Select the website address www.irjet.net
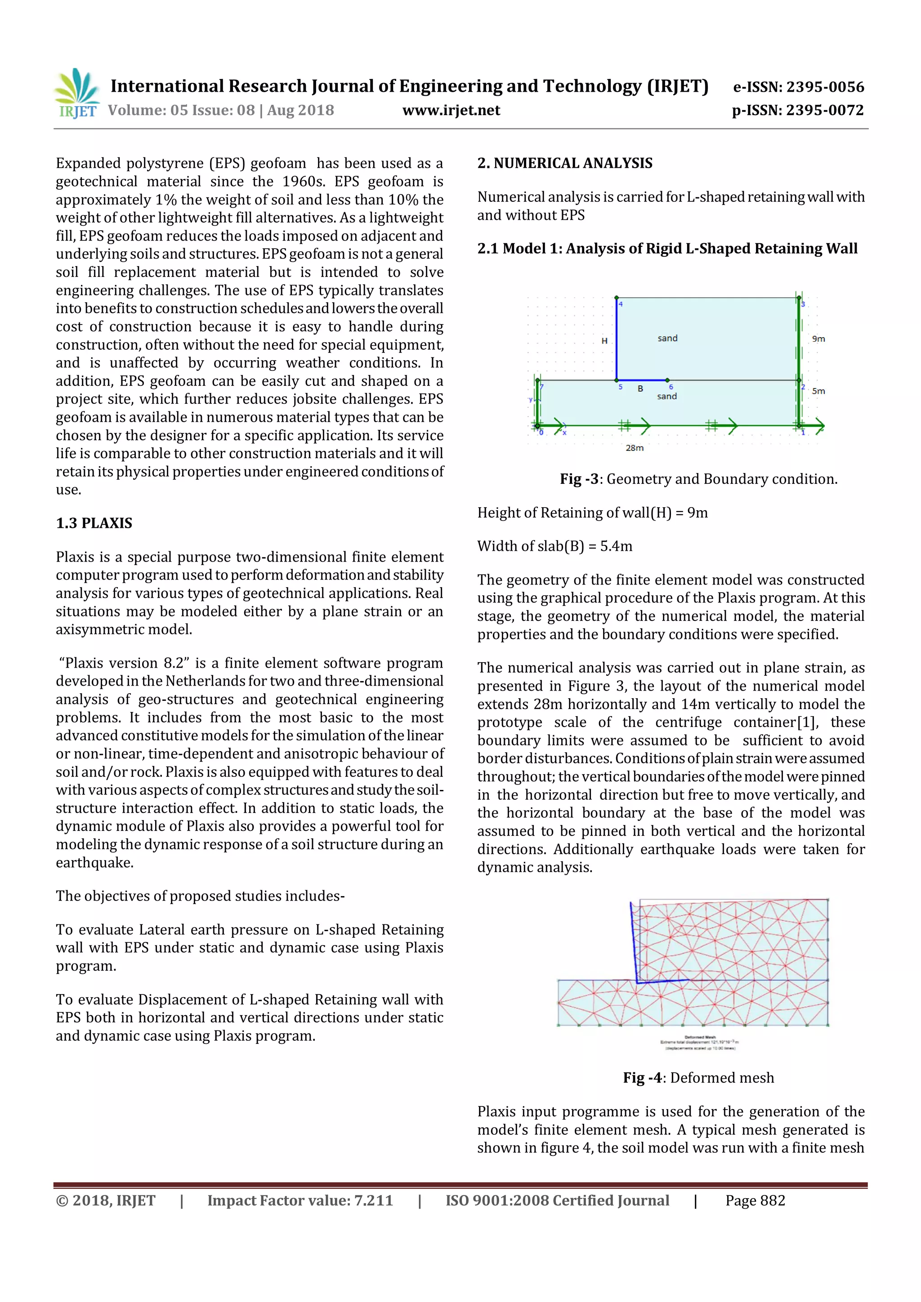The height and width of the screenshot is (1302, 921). pos(451,111)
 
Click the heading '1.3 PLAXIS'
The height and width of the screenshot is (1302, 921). pos(94,523)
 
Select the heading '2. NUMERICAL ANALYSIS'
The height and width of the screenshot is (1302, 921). pos(564,163)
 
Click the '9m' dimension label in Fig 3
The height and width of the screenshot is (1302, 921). pos(818,339)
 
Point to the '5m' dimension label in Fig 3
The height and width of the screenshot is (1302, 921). pos(818,391)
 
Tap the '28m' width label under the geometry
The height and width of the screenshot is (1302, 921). pos(635,448)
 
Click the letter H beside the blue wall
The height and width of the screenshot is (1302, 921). pos(604,341)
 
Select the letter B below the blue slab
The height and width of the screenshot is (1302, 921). pos(640,389)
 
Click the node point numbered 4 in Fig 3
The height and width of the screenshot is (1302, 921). pos(617,298)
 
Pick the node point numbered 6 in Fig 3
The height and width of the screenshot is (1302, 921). pos(667,380)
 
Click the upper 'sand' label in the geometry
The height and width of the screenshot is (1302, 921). pos(667,339)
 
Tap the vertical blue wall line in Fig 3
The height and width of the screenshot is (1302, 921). pos(617,340)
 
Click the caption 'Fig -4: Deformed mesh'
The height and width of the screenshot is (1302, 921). pos(698,1078)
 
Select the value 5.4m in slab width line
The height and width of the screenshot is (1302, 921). pos(616,547)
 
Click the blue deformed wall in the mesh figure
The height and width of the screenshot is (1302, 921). pos(635,941)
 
